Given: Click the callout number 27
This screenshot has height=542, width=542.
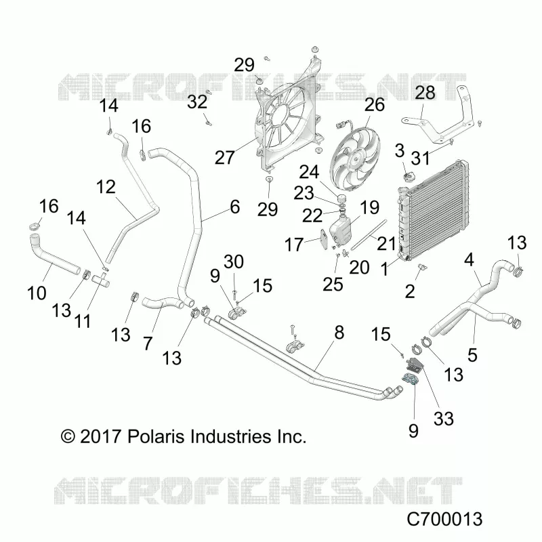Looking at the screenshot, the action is tap(225, 158).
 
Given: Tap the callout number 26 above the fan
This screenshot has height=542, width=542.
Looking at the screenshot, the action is tap(375, 104).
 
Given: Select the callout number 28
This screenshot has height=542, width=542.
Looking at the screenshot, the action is tap(425, 92).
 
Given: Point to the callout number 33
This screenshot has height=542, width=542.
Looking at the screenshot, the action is tap(444, 419).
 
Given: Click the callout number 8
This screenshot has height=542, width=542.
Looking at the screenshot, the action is tap(339, 333).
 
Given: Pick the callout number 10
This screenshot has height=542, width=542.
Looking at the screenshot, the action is tap(37, 293).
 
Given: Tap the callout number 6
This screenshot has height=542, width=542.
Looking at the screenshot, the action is tap(235, 207).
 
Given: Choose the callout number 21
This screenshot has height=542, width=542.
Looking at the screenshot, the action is tap(386, 244).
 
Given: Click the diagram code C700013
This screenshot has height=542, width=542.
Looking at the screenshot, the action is tap(444, 519).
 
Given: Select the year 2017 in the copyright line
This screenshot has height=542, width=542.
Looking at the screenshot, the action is tap(100, 436).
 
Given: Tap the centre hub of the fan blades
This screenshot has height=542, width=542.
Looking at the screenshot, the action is tap(355, 159).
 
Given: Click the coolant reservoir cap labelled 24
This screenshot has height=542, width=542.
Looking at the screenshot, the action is tap(341, 200).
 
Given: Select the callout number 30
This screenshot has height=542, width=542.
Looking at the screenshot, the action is tap(234, 262).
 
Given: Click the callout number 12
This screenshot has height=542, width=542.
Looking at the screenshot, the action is tap(106, 187).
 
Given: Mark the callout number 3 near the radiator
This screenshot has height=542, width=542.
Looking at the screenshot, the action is tap(400, 150).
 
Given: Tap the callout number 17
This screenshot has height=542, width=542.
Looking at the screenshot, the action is tap(294, 245).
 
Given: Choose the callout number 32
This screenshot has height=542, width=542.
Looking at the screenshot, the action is tap(197, 102).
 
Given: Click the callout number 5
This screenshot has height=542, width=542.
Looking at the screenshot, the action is tap(472, 355).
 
